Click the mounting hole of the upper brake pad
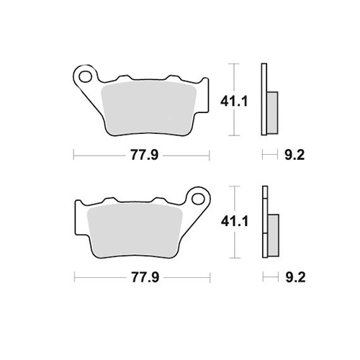coord(86,77)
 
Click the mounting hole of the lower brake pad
coord(198,199)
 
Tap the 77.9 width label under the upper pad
coord(145,155)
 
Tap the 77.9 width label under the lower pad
coord(145,278)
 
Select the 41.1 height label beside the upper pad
coord(234,102)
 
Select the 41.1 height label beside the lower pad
coord(235,222)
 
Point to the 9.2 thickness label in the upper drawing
coord(294,155)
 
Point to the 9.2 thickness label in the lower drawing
coord(295,278)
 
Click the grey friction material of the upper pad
coord(149,108)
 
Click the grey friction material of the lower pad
coord(135,230)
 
